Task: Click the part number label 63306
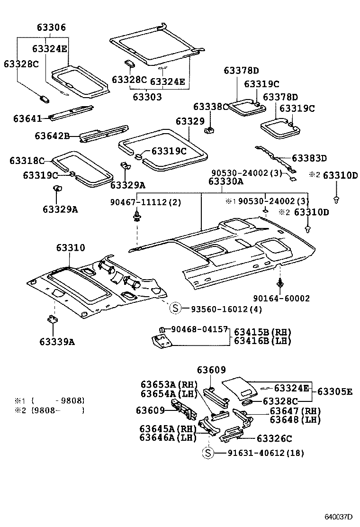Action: tap(51, 28)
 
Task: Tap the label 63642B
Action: tap(52, 136)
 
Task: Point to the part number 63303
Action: tap(147, 97)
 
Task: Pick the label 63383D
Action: tap(309, 158)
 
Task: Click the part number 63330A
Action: tap(226, 181)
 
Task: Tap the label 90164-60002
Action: tap(281, 298)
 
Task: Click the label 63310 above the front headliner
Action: tap(71, 247)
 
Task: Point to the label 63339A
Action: tap(57, 341)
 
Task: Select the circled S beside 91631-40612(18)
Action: tap(208, 453)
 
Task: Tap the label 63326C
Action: tap(274, 439)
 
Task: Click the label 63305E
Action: tap(335, 391)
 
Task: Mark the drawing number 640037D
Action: tap(339, 516)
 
